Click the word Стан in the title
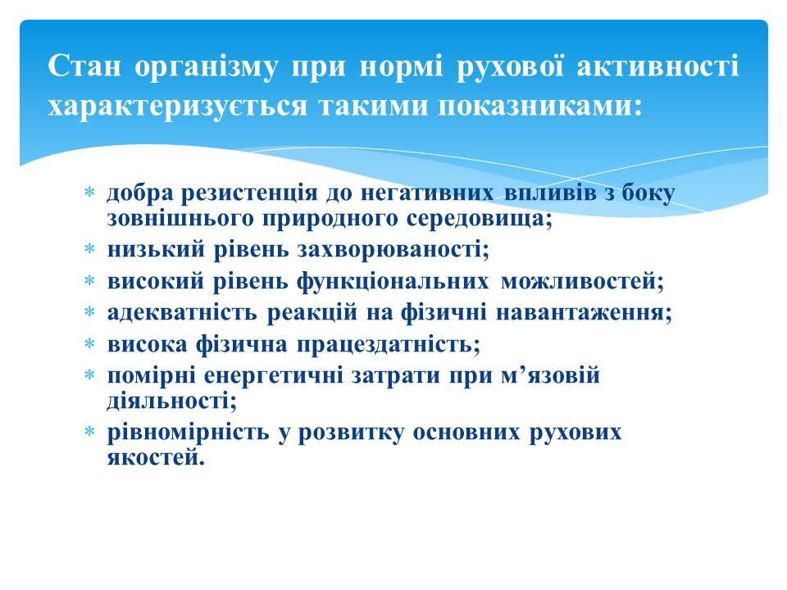(84, 66)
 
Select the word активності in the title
(657, 66)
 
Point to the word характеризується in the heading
(177, 107)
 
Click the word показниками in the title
(540, 106)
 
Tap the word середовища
(479, 219)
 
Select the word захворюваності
(393, 249)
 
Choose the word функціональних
(393, 281)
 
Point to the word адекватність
(182, 312)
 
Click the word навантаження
(584, 312)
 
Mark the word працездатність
(389, 345)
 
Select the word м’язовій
(551, 374)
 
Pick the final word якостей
(156, 456)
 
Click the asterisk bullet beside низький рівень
(90, 248)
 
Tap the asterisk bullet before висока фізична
(90, 343)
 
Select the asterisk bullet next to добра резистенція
(90, 192)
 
